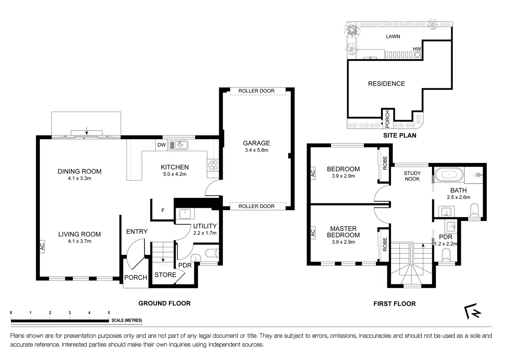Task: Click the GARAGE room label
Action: [256, 143]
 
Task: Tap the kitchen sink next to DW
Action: [178, 145]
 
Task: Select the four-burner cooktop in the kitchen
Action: [213, 165]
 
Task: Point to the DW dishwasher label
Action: [161, 145]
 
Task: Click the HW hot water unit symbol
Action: [417, 55]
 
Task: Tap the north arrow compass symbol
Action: [472, 311]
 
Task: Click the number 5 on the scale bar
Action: [109, 313]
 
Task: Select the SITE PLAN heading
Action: [400, 136]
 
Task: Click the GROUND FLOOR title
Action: [165, 303]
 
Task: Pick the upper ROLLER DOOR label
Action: [256, 91]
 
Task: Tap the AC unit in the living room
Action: [42, 247]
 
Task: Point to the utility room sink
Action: [185, 214]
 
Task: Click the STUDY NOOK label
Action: [412, 176]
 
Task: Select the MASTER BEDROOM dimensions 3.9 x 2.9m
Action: [343, 242]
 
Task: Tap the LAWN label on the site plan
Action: [393, 36]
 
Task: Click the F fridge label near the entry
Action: [163, 211]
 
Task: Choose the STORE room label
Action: [165, 275]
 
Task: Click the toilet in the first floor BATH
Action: [474, 210]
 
